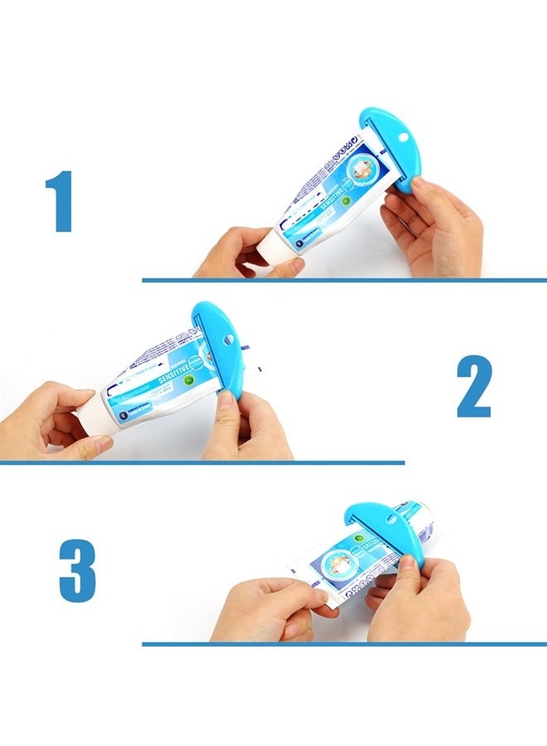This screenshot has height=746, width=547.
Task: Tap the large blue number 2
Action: [473, 387]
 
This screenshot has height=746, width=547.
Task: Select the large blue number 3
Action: [77, 571]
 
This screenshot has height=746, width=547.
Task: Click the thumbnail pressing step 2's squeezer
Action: [223, 400]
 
